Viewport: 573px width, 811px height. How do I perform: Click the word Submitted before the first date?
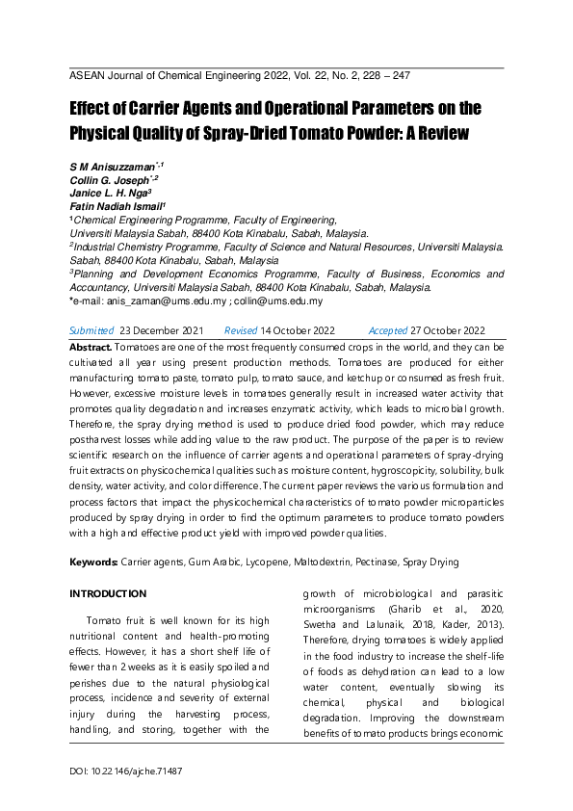pyautogui.click(x=91, y=329)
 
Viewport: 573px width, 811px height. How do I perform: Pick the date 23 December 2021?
pyautogui.click(x=161, y=329)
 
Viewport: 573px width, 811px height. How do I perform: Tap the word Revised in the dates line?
pyautogui.click(x=241, y=329)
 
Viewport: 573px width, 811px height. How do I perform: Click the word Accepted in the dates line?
pyautogui.click(x=388, y=329)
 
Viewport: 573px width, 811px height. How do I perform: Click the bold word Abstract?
pyautogui.click(x=91, y=346)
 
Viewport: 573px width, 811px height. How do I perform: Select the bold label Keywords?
pyautogui.click(x=93, y=562)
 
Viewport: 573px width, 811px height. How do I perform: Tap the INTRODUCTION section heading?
pyautogui.click(x=108, y=593)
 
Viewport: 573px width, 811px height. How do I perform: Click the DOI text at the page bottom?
pyautogui.click(x=126, y=772)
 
